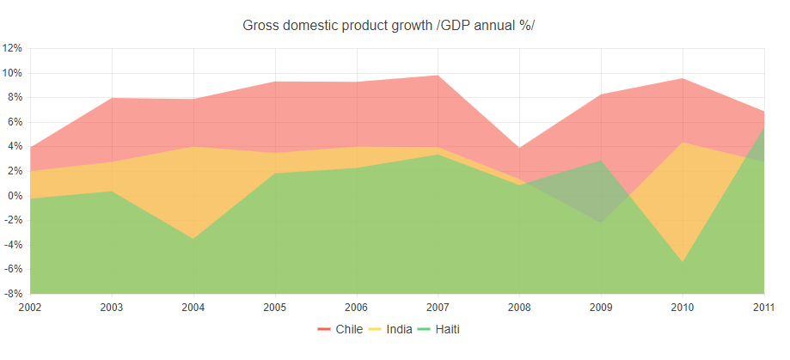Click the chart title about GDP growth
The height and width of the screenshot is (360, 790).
(389, 25)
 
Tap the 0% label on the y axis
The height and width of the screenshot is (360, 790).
(15, 196)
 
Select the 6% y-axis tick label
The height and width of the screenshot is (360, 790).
(15, 122)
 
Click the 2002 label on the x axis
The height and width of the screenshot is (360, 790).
(29, 307)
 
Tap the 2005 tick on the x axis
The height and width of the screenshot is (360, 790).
(274, 307)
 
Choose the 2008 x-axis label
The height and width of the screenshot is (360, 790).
(519, 307)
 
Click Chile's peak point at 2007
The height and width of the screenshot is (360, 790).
(438, 76)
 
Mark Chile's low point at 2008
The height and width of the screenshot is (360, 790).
(519, 148)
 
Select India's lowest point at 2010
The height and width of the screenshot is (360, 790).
(683, 261)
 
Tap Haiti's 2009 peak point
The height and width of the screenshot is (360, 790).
(601, 161)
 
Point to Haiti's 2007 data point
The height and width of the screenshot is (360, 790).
(438, 155)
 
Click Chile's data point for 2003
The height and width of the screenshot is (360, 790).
(111, 98)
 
